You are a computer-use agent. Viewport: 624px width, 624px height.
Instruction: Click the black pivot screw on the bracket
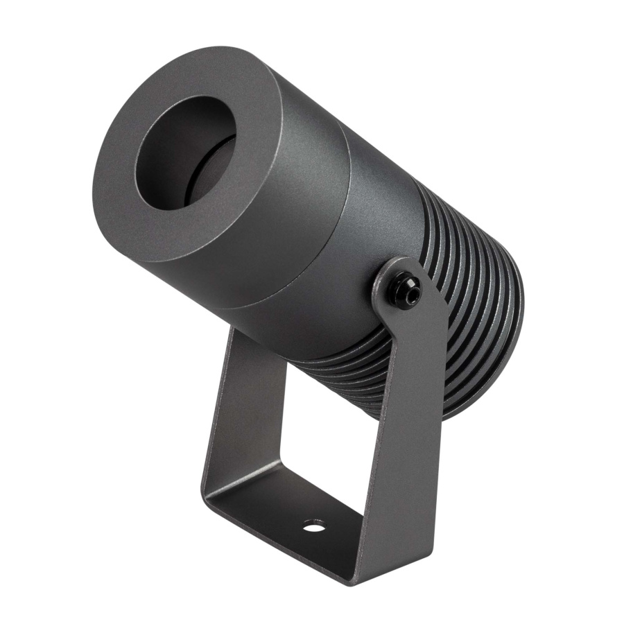click(x=404, y=290)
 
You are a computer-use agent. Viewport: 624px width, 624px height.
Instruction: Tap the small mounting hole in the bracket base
click(x=313, y=526)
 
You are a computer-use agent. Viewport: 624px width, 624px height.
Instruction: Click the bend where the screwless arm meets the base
click(x=211, y=485)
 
